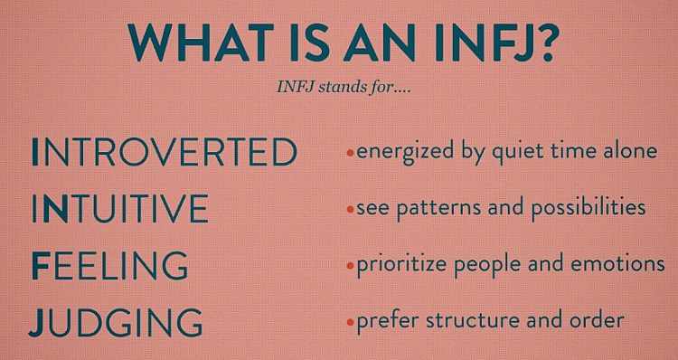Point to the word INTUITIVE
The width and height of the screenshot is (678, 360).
click(118, 209)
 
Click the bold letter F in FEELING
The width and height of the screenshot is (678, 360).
click(39, 266)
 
